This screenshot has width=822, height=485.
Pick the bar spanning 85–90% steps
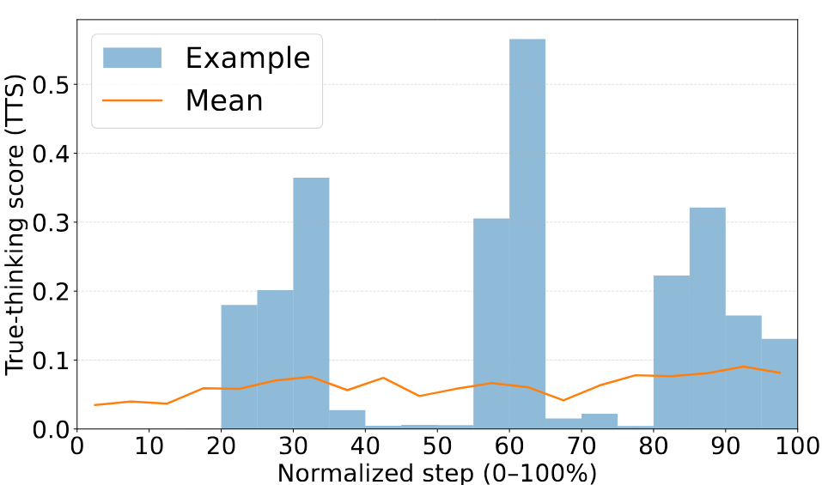[x=707, y=318]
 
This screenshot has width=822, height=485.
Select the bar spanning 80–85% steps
[x=671, y=352]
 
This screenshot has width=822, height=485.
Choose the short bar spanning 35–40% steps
[x=347, y=420]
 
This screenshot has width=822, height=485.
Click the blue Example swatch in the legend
[x=132, y=58]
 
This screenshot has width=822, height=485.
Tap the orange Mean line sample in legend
[x=132, y=100]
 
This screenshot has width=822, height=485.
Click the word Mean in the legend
[x=224, y=100]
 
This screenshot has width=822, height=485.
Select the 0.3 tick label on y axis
[x=51, y=222]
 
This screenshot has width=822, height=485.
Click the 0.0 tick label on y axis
[x=51, y=429]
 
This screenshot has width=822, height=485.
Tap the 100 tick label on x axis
[x=797, y=448]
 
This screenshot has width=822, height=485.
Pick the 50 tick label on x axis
[x=437, y=448]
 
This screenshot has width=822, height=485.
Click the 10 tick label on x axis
[x=149, y=448]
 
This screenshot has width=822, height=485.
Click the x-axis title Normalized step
[x=437, y=472]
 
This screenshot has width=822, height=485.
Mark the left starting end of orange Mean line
[x=95, y=404]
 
